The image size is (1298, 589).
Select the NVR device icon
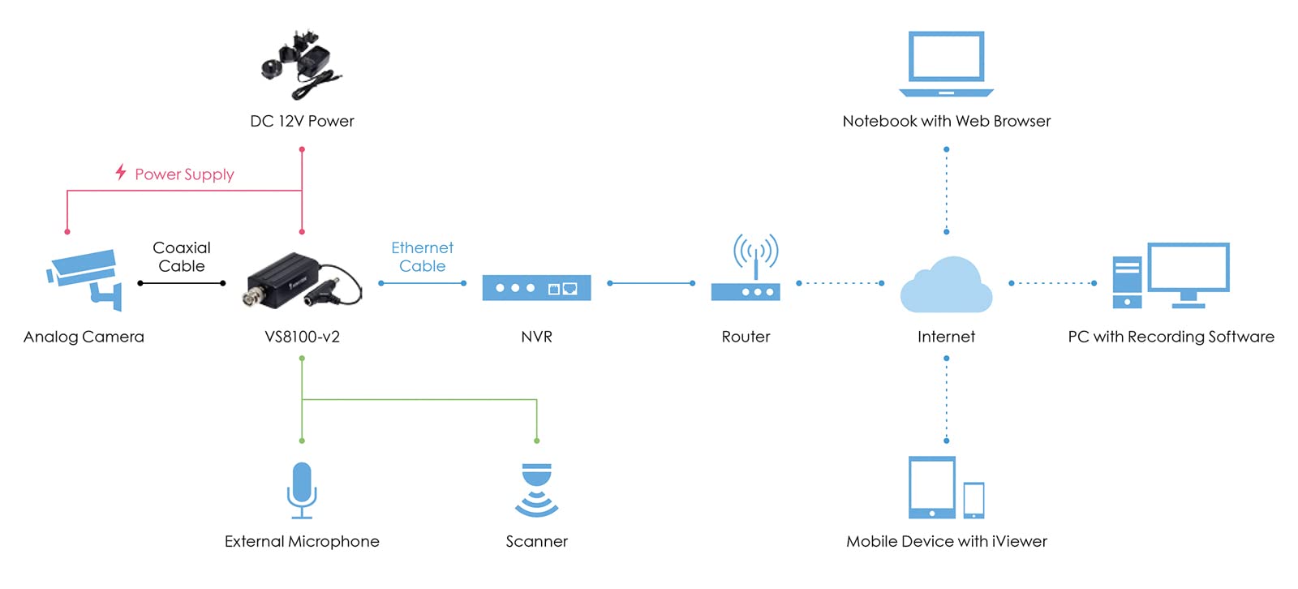tap(536, 288)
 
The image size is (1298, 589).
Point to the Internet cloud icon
tap(946, 286)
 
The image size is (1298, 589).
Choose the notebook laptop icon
tap(946, 64)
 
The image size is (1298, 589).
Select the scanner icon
tap(536, 490)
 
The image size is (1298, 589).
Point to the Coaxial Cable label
tap(182, 257)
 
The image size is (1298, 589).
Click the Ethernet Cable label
tap(422, 257)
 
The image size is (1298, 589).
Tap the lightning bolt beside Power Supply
tap(121, 172)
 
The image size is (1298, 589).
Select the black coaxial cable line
tap(182, 283)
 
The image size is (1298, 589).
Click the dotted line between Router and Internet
tap(840, 283)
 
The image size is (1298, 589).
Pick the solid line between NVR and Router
tap(651, 283)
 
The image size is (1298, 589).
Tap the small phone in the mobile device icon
tap(973, 500)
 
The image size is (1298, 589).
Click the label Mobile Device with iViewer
tap(946, 541)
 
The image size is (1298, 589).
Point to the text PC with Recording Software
tap(1171, 337)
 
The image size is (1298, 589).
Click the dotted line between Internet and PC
tap(1052, 283)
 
